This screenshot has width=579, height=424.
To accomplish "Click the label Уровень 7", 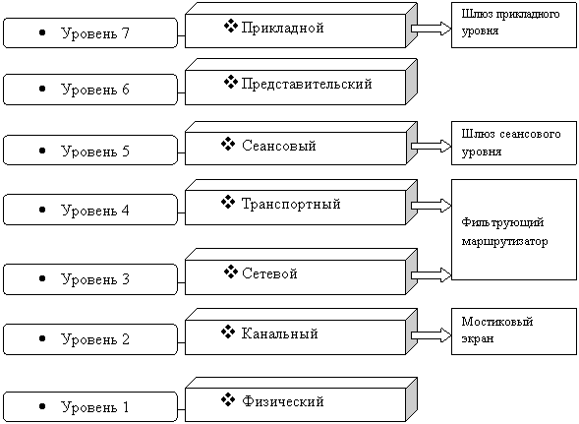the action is (x=95, y=33).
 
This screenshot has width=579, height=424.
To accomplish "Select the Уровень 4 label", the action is (x=95, y=210).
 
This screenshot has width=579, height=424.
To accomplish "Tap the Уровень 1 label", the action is (x=95, y=407).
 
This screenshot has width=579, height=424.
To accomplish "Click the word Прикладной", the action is (x=282, y=28).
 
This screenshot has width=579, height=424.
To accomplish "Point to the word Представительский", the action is (x=307, y=84).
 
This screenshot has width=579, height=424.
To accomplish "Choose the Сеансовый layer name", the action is (x=279, y=146).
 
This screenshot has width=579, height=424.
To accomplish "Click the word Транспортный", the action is (x=291, y=204).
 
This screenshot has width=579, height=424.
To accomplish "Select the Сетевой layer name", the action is (x=269, y=273).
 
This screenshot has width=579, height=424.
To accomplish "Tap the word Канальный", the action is (x=280, y=333).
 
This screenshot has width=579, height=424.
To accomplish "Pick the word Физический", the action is (x=283, y=401).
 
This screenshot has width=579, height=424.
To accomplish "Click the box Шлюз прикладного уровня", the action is (x=514, y=25).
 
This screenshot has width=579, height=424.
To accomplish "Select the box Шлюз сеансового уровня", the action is (x=514, y=143).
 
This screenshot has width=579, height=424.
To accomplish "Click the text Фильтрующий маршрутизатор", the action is (x=504, y=232).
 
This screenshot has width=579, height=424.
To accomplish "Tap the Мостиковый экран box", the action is (x=514, y=332).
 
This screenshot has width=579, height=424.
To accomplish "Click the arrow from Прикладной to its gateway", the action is (x=431, y=29).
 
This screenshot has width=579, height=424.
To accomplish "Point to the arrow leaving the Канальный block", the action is (x=431, y=334).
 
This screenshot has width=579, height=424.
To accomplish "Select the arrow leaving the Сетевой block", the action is (x=431, y=275).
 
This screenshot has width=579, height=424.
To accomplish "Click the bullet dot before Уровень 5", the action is (x=42, y=151).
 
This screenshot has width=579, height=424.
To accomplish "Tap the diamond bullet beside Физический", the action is (x=228, y=399).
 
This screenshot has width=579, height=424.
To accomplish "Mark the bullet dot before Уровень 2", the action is (x=42, y=338).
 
